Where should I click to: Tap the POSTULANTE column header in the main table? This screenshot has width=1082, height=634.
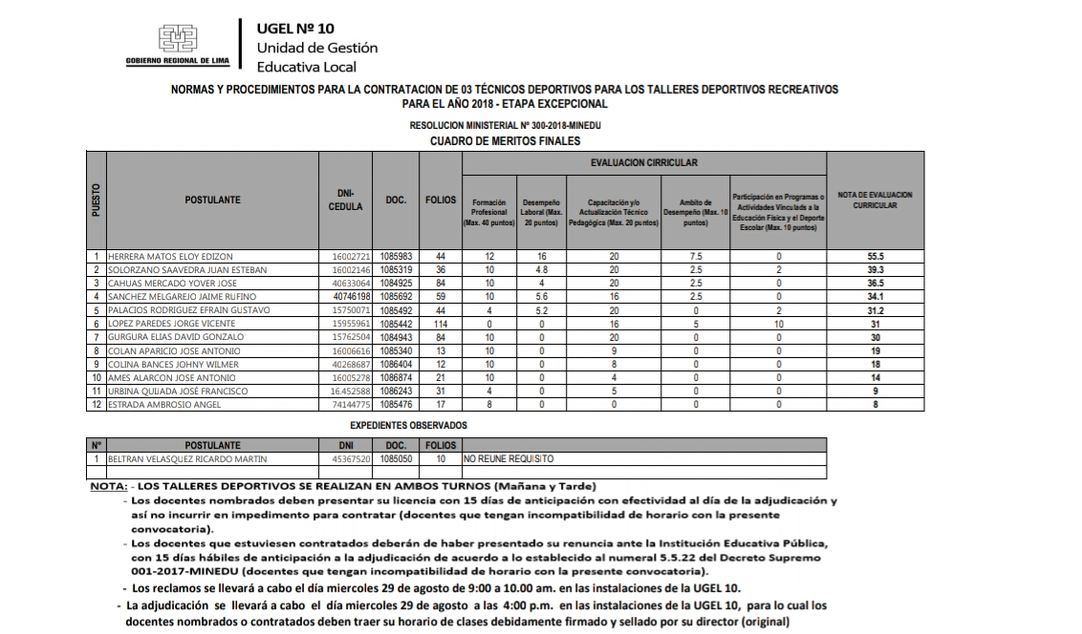[x=212, y=201]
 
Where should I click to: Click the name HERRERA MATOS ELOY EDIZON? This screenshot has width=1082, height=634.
[x=170, y=257]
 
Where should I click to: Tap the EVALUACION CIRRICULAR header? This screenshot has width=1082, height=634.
[x=643, y=163]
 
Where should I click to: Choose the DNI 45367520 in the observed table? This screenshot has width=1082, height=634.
[x=345, y=458]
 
